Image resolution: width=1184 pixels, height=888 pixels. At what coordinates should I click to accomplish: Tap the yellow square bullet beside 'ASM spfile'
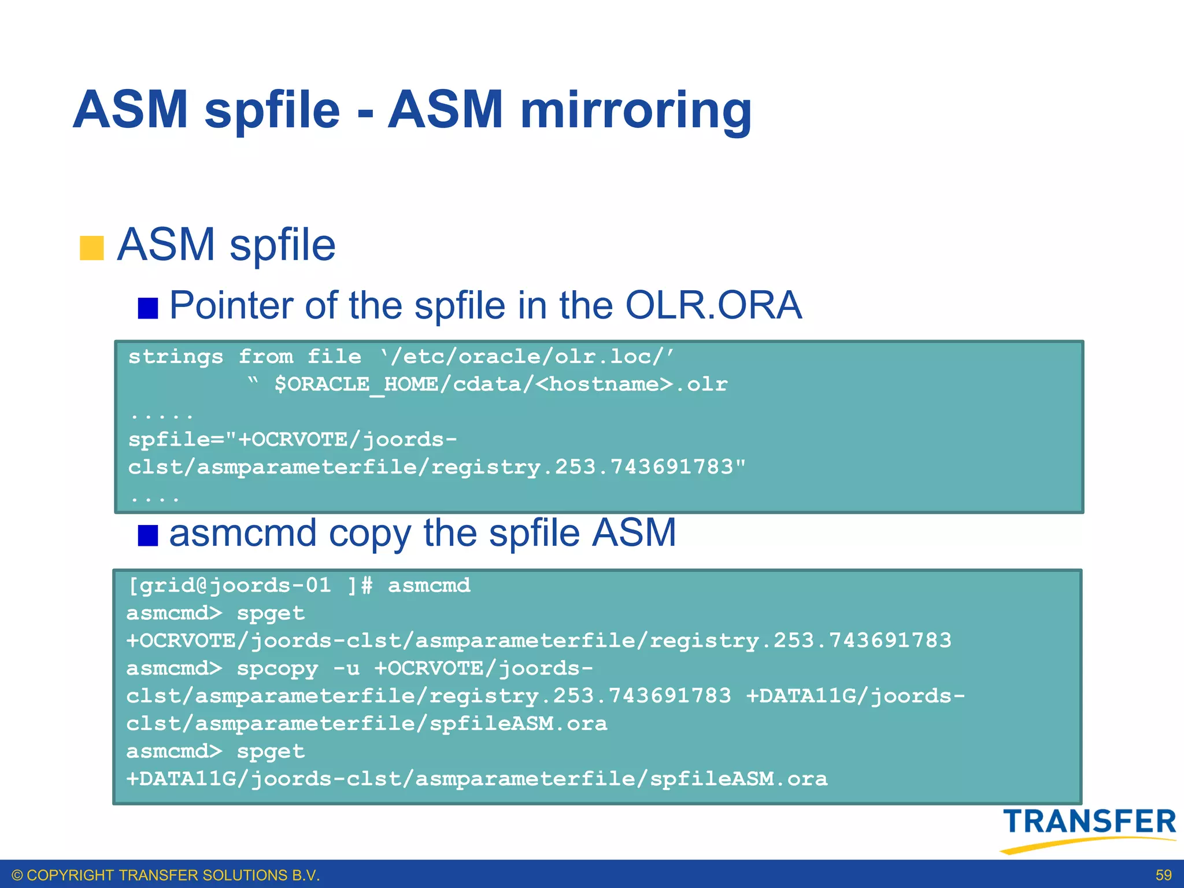point(91,248)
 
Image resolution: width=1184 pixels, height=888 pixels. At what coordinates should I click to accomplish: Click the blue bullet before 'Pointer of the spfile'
point(148,308)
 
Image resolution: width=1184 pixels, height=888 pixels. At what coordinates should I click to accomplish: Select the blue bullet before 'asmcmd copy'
point(148,535)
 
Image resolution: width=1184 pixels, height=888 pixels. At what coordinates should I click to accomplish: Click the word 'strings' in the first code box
point(176,357)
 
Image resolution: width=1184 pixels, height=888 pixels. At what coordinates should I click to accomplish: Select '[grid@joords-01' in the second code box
point(229,586)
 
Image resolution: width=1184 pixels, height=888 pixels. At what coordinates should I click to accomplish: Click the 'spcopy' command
point(277,669)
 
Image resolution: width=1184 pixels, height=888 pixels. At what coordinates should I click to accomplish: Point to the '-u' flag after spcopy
point(346,669)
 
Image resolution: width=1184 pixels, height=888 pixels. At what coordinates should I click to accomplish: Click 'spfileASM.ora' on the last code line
point(739,779)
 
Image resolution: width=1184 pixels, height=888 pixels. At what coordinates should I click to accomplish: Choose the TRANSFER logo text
point(1089,822)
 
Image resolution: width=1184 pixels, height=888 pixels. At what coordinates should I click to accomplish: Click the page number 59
point(1163,875)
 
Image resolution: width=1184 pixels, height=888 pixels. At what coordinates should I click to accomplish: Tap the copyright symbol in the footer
point(17,875)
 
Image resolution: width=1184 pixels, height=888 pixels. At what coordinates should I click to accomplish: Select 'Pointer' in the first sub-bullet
point(231,305)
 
